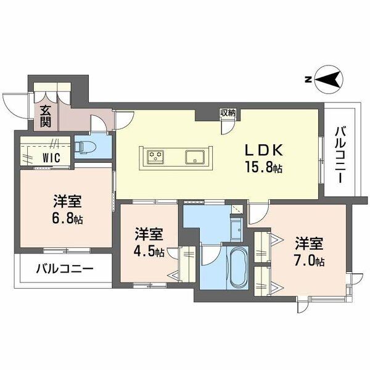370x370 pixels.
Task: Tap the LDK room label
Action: click(265, 150)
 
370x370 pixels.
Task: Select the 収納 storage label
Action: click(227, 113)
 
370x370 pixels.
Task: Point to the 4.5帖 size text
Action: click(150, 252)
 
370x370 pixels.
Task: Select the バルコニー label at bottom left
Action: click(64, 269)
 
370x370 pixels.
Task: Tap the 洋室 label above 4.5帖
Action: click(149, 234)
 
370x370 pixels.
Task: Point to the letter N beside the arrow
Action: click(307, 80)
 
